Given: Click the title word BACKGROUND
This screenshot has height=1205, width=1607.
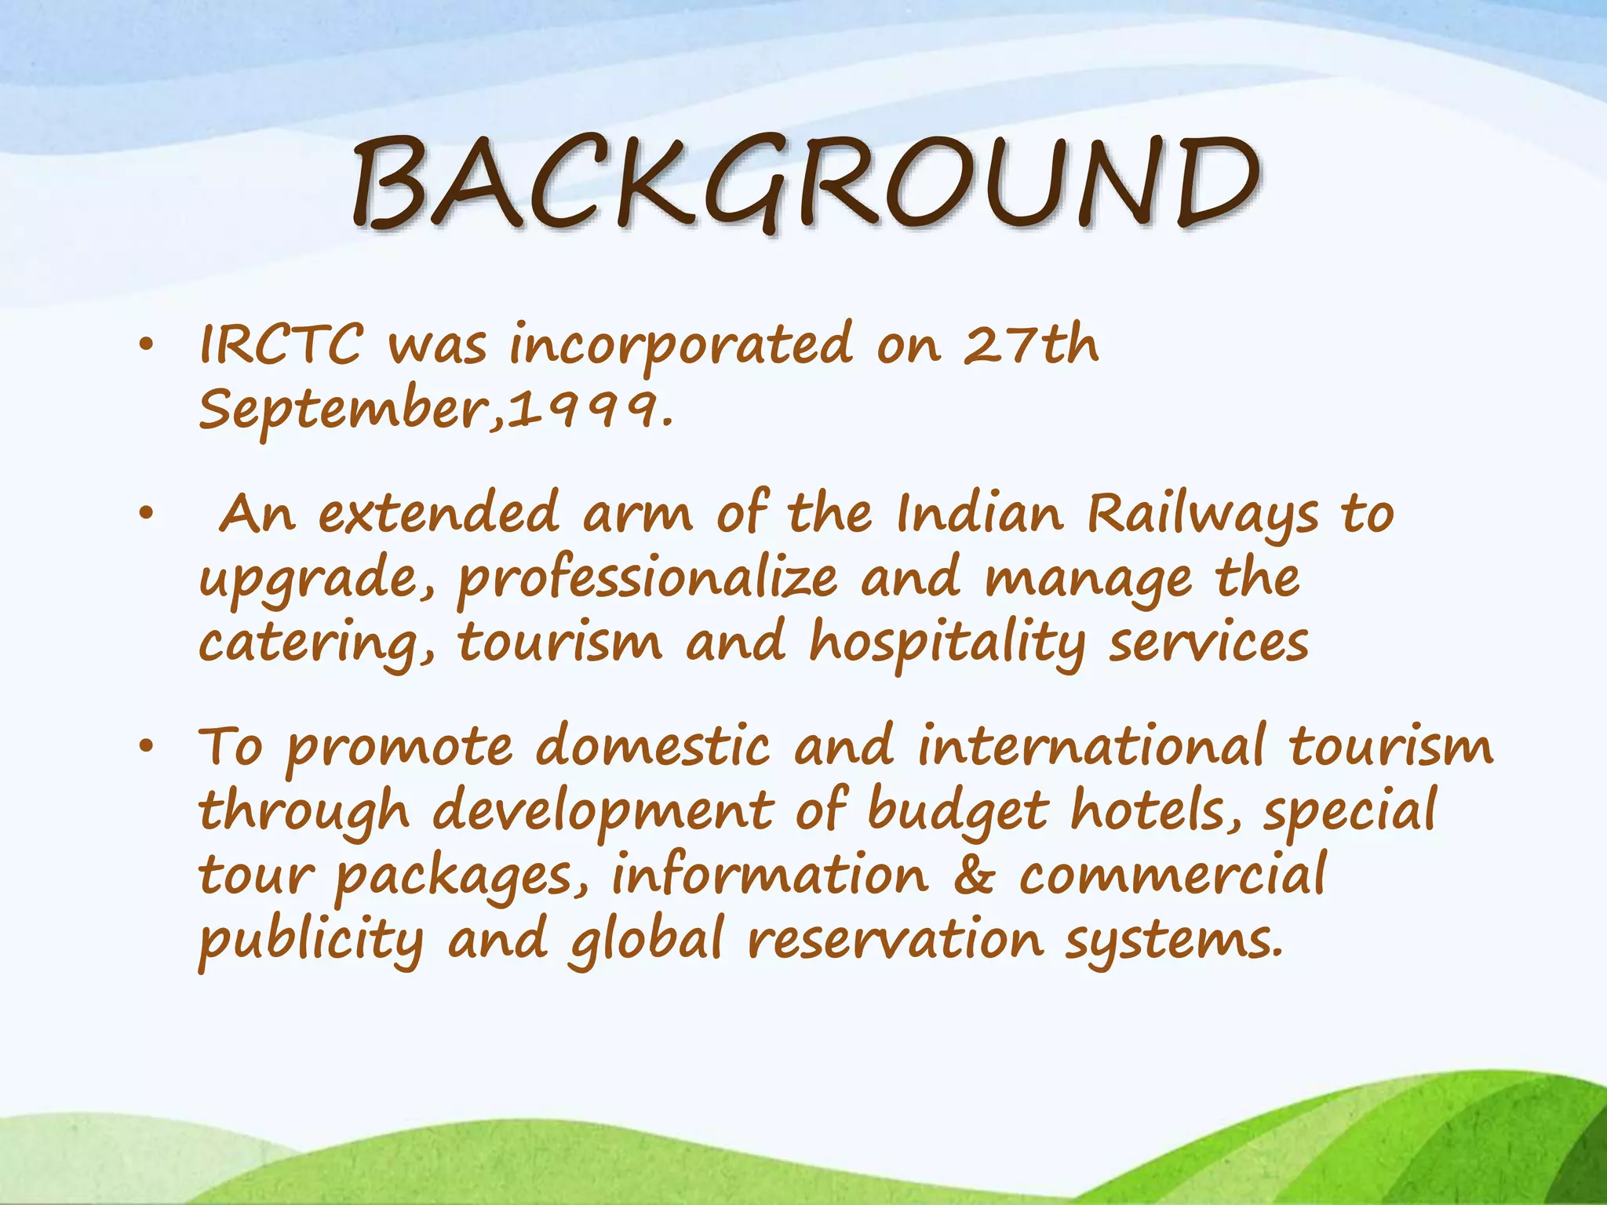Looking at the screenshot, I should coord(805,184).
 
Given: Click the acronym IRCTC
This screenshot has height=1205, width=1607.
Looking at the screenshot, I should coord(281,344).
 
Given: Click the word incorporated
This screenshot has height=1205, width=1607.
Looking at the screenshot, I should coord(680,346).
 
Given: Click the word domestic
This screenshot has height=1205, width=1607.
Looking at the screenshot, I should coord(653,746).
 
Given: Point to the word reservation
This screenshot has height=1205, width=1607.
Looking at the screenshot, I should coord(895,941).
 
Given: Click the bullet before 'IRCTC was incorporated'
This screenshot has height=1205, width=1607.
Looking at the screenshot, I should coord(145,346).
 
